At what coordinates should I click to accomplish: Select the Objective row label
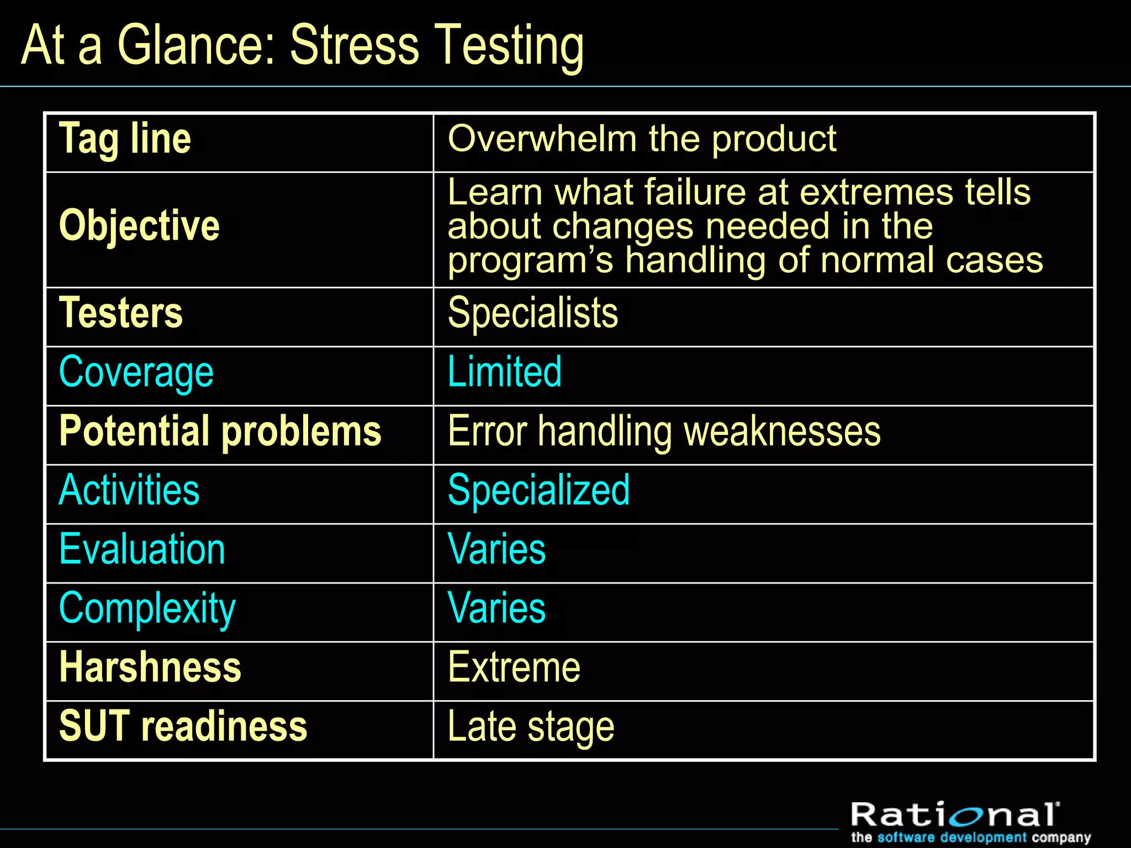(x=139, y=226)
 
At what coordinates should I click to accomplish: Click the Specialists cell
(x=533, y=313)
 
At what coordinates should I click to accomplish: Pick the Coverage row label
(x=136, y=373)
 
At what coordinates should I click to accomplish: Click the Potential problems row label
(x=220, y=431)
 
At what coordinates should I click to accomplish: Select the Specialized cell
(x=538, y=490)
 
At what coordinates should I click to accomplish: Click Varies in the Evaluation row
(x=496, y=549)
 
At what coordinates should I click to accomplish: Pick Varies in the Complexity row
(x=496, y=608)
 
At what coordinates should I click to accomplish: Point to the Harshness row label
(x=150, y=667)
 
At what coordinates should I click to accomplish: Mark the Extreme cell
(x=514, y=667)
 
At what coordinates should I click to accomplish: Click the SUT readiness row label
(x=183, y=727)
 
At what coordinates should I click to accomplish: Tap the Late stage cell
(x=531, y=727)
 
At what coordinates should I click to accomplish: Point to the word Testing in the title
(x=509, y=46)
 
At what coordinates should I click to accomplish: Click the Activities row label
(x=129, y=490)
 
